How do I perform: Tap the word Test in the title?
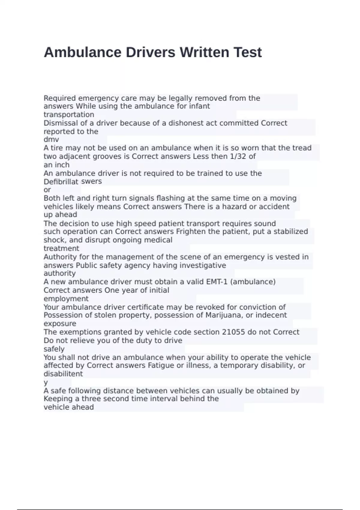pyautogui.click(x=248, y=52)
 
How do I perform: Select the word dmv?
pyautogui.click(x=51, y=139)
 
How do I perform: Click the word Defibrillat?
pyautogui.click(x=61, y=181)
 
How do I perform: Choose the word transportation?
pyautogui.click(x=69, y=115)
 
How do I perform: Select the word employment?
pyautogui.click(x=66, y=299)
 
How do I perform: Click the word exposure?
pyautogui.click(x=60, y=324)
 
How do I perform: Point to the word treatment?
pyautogui.click(x=61, y=248)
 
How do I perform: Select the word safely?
pyautogui.click(x=54, y=349)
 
